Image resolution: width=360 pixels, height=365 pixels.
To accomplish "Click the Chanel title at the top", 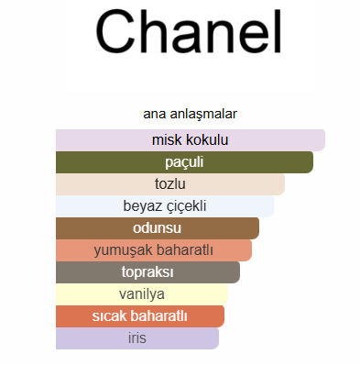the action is point(189,32).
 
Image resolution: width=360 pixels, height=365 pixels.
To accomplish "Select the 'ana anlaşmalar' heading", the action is point(190,114).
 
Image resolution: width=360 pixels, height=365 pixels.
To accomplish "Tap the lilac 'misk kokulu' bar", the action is point(191,140).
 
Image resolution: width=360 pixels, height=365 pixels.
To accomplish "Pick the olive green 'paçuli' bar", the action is point(184,162).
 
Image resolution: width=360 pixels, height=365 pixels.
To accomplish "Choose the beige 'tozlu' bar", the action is point(170,184).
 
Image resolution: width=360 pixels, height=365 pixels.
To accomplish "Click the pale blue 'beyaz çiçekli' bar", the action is point(165,206).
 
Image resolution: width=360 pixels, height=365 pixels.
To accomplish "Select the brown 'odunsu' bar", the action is point(158,228).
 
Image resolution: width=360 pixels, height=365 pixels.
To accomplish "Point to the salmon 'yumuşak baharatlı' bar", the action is point(154,250).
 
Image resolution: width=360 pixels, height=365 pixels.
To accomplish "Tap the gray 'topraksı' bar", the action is point(147,272).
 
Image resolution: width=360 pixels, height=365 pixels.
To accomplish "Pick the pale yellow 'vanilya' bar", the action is point(142,294).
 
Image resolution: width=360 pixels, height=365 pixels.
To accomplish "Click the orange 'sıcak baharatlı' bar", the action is point(140,316).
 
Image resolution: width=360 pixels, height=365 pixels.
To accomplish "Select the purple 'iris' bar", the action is point(137,338).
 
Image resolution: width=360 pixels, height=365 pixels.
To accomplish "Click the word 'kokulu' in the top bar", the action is point(207,140).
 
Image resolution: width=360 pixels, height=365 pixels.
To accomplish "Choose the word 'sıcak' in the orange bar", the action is point(108,316).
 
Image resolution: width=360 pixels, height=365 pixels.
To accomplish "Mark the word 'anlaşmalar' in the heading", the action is point(203,115).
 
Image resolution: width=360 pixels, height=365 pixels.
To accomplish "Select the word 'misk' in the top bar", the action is point(168,140).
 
